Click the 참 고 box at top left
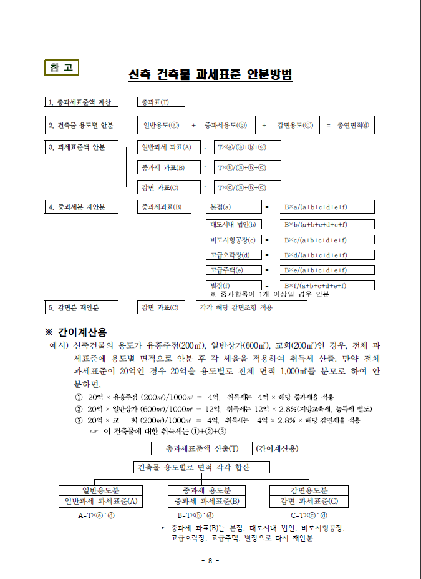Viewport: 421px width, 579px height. [61, 67]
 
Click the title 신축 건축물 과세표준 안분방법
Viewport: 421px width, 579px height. [210, 75]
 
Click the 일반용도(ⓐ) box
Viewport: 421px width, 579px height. [161, 125]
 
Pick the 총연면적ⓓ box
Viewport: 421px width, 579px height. [353, 125]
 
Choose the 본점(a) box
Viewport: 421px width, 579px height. [234, 207]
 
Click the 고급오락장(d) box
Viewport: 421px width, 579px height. [234, 255]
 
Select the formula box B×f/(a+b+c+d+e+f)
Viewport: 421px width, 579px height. [328, 285]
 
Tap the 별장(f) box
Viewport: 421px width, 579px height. [234, 285]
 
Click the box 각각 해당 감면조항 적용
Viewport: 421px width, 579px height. [252, 307]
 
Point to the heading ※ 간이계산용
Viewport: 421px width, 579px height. [80, 332]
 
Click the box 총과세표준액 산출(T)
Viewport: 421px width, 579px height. [201, 448]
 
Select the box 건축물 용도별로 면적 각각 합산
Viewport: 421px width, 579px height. [201, 467]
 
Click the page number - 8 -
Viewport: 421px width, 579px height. [210, 560]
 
